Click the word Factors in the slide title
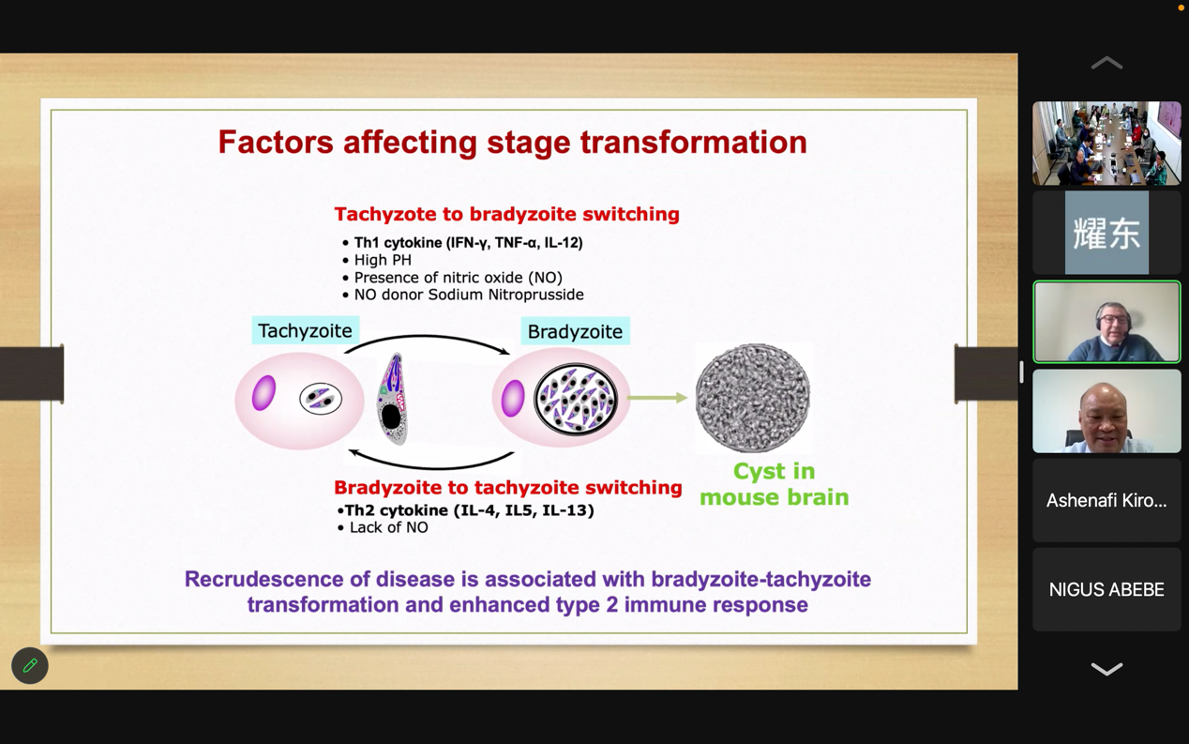coord(276,142)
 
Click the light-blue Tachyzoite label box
coord(305,330)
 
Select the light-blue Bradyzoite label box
coord(575,331)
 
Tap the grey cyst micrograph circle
coord(753,398)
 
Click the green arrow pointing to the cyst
coord(657,398)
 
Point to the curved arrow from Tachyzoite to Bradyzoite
coord(427,337)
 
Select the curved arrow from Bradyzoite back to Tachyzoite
coord(431,467)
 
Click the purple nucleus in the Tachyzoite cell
coord(263,393)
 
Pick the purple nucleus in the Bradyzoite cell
coord(513,398)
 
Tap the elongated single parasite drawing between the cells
coord(392,399)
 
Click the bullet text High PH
coord(383,260)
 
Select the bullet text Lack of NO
coord(388,527)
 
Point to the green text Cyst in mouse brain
coord(774,484)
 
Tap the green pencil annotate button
coord(30,665)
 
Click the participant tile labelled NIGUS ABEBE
coord(1106,589)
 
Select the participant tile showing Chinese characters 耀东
coord(1106,233)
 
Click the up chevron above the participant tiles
coord(1106,63)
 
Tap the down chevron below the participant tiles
coord(1106,669)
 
